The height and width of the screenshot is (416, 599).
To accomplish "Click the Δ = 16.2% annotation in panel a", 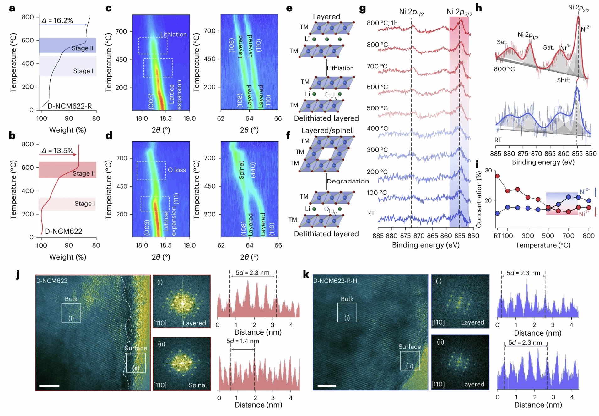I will (x=57, y=20).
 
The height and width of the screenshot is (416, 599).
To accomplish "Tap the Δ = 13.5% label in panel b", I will (x=57, y=151).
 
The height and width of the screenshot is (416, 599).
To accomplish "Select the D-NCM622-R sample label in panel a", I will (x=70, y=106).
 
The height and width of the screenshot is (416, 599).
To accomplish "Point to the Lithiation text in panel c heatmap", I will (x=173, y=35).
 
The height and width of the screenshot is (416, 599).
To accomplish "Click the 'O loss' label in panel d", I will (x=177, y=170).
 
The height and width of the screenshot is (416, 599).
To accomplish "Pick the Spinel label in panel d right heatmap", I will (x=241, y=170).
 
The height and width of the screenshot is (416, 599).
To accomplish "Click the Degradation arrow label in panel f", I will (x=348, y=181).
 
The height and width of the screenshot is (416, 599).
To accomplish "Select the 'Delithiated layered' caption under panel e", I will (x=326, y=118).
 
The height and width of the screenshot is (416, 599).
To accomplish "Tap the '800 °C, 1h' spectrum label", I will (x=382, y=23).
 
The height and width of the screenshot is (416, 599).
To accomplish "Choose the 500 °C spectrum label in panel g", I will (x=377, y=108).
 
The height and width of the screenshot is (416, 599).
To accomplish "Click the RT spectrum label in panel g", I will (x=371, y=213).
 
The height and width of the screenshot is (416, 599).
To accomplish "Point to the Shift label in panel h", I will (x=563, y=80).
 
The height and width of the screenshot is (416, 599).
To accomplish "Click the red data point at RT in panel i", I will (x=497, y=176).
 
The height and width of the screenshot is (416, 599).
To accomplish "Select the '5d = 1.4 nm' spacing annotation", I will (x=243, y=341).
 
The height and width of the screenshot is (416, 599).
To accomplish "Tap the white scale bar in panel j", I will (x=49, y=386).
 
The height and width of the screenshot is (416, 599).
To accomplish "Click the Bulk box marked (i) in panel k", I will (x=347, y=312).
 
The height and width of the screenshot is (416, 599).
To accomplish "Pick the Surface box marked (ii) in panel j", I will (x=136, y=363).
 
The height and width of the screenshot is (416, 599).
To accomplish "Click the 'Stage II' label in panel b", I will (x=84, y=173).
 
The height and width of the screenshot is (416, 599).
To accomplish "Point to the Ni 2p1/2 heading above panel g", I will (x=411, y=12).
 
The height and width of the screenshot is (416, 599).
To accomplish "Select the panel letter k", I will (x=306, y=274).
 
